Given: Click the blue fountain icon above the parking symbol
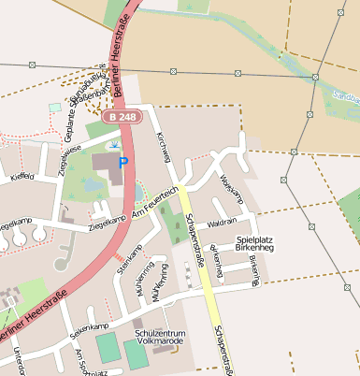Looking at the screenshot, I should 114,145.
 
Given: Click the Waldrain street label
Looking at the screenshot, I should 222,224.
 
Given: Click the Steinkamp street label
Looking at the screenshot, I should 128,259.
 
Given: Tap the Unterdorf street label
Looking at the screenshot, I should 19,361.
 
